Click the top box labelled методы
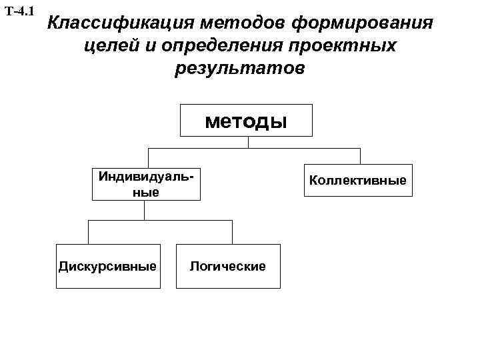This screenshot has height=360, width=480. click(x=247, y=121)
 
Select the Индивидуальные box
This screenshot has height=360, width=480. click(x=146, y=184)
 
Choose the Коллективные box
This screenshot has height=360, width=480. click(x=358, y=180)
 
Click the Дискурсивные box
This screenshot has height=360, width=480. click(x=108, y=267)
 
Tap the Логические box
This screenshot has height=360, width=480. click(x=228, y=267)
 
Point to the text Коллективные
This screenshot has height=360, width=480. click(x=358, y=180)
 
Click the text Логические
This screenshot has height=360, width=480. click(x=228, y=267)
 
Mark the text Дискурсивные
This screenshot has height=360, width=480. click(x=108, y=267)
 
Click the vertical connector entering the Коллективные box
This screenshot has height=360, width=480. click(x=360, y=156)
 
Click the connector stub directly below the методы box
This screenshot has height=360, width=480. click(x=248, y=142)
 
